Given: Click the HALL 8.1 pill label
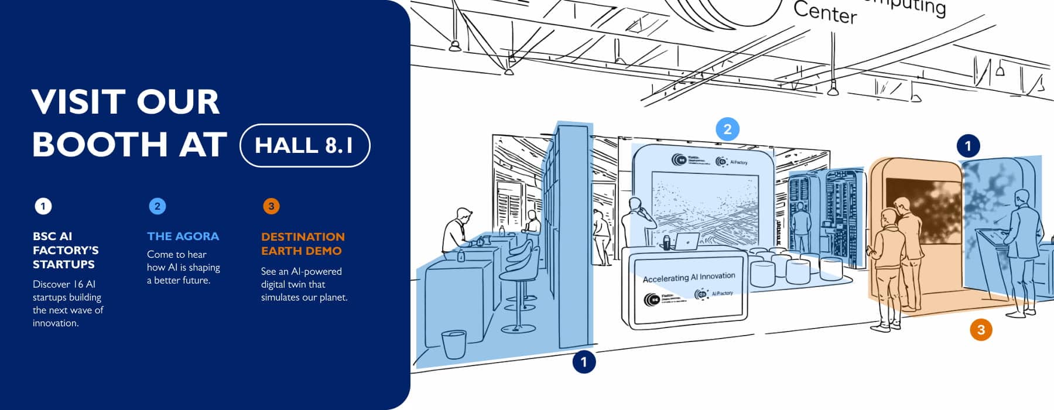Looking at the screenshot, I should [x=304, y=145].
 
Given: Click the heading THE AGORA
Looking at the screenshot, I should [x=183, y=236].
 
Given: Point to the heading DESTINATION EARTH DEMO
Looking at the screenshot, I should [x=302, y=244].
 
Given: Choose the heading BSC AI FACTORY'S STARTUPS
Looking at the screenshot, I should [x=65, y=250].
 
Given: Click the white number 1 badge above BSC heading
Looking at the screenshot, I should [x=43, y=206].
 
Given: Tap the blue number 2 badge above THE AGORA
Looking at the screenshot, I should [x=157, y=206].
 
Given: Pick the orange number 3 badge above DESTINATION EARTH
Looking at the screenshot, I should [x=271, y=206].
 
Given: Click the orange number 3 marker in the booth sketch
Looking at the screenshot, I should [x=981, y=330].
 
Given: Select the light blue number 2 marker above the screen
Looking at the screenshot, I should [x=727, y=129].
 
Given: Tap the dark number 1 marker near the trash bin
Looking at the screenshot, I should [x=583, y=362].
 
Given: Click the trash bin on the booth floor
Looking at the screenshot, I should [x=454, y=344].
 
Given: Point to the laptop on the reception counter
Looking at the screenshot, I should [x=687, y=241].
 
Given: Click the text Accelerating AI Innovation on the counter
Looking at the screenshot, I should [x=689, y=278].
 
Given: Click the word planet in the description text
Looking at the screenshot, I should [x=332, y=298].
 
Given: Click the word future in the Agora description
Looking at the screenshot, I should [x=193, y=281].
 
